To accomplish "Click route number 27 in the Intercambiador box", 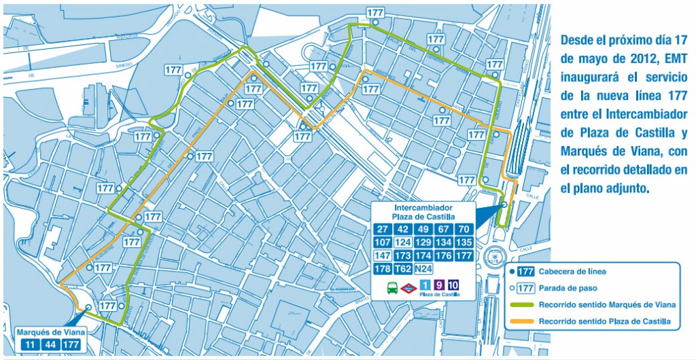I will pos(383,229).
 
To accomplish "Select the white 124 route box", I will pos(404,242).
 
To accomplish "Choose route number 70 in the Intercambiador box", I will pos(464,229).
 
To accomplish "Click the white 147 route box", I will pos(383,255).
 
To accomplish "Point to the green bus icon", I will pos(393,287).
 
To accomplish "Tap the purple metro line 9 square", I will pos(439,286).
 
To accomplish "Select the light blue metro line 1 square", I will pos(425,286).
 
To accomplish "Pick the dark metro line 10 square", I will pos(453,286).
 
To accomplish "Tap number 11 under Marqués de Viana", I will pos(30,344).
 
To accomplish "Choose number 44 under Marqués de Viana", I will pos(50,344).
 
